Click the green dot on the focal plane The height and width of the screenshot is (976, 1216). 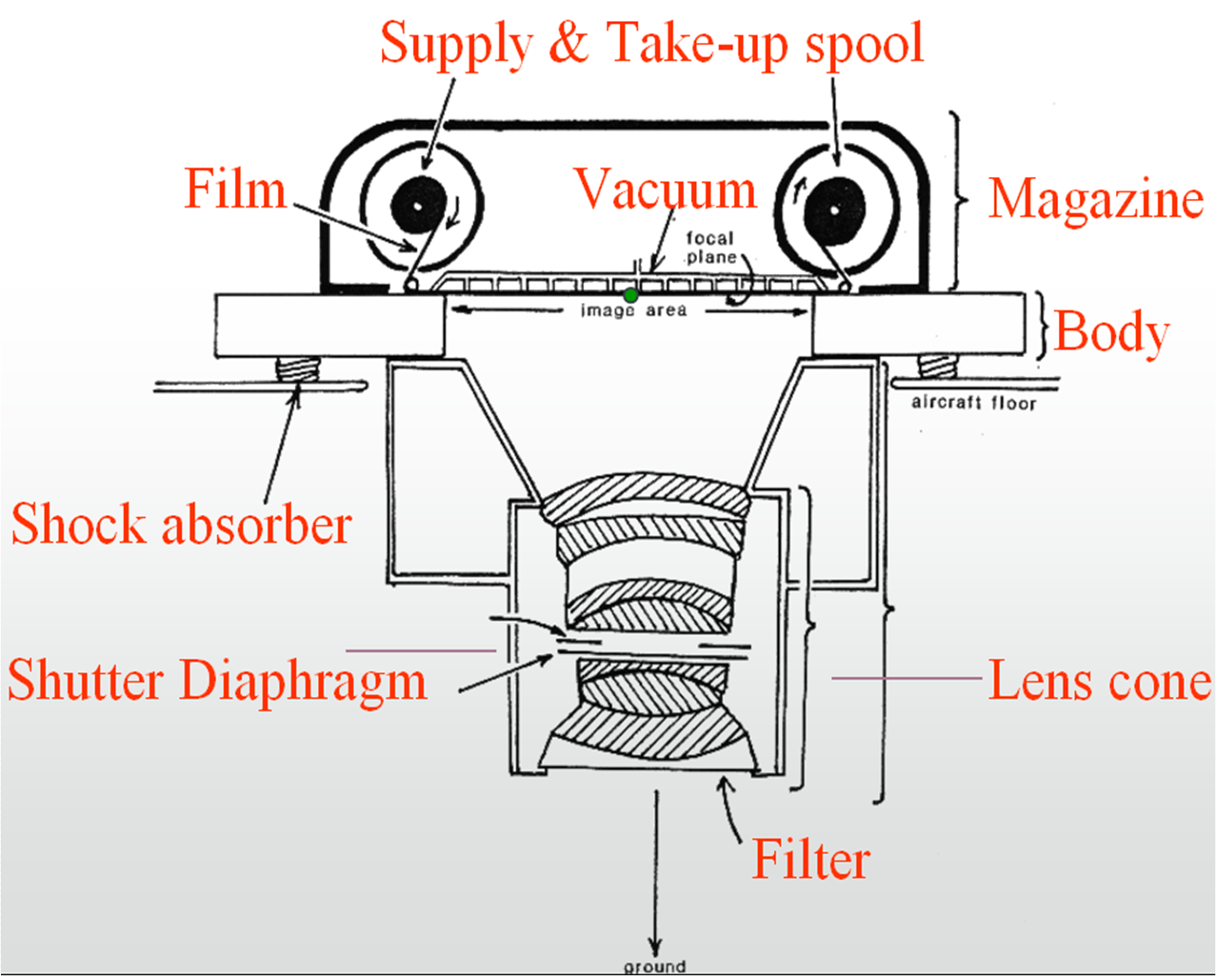tap(630, 296)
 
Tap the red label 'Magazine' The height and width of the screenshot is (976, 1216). tap(1095, 198)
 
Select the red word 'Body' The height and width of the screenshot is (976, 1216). tap(1111, 332)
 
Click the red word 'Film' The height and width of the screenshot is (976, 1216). tap(235, 189)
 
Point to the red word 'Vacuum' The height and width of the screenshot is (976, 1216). tap(666, 189)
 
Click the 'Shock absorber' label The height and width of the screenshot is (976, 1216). tap(181, 525)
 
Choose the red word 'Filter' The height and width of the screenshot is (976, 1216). tap(810, 859)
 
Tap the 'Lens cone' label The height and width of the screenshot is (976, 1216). tap(1099, 681)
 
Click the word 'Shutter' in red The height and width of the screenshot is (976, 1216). tap(87, 681)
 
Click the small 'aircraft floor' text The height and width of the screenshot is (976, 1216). tap(972, 403)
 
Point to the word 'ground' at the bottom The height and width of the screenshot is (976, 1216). tap(654, 966)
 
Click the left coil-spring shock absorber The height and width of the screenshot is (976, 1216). tap(295, 368)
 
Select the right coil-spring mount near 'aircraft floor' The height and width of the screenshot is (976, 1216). tap(936, 366)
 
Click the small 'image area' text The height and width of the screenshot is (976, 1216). tap(633, 310)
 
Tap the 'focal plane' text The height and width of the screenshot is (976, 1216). tap(710, 248)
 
